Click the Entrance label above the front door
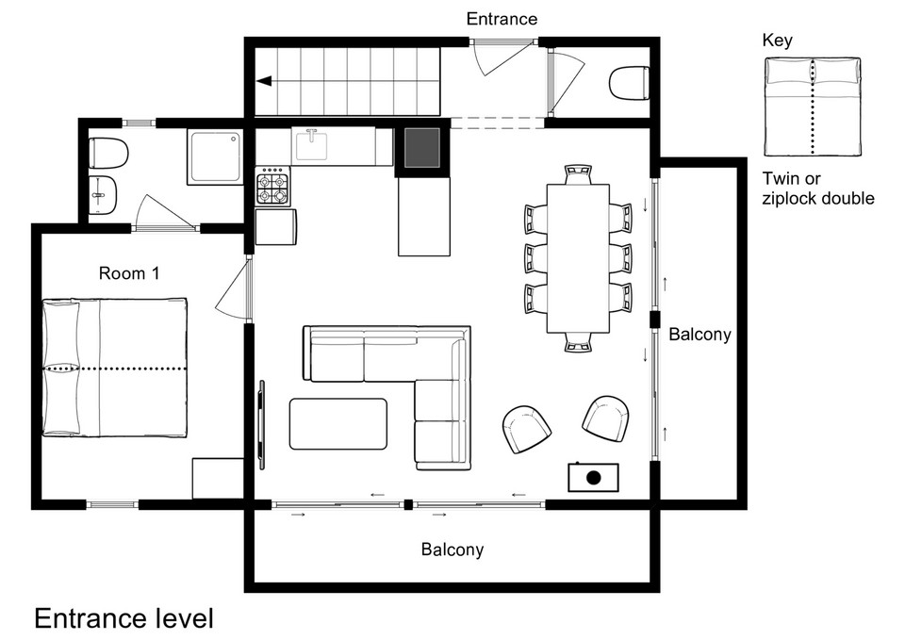[502, 19]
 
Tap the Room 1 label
[129, 273]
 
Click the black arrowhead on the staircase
[264, 81]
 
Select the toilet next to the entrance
[629, 83]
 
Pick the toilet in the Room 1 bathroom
[109, 153]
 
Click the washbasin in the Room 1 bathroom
[104, 194]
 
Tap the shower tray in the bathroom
[215, 156]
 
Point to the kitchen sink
[312, 145]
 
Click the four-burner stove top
[273, 186]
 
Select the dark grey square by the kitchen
[422, 148]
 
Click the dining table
[578, 258]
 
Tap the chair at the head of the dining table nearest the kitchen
[578, 174]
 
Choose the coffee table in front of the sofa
[338, 423]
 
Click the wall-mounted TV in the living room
[262, 424]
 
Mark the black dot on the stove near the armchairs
[593, 477]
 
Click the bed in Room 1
[114, 367]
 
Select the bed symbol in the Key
[813, 107]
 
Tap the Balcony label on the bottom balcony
[452, 550]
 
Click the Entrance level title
[124, 618]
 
